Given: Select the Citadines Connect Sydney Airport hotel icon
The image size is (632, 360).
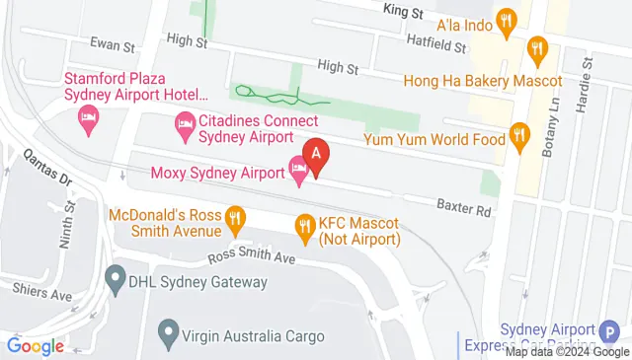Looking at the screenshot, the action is [x=184, y=124].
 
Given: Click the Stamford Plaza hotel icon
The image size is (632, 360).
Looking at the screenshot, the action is [x=87, y=120].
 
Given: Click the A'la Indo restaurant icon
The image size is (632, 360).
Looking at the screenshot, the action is [x=507, y=20].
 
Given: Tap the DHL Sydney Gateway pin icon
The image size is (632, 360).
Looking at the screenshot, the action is [x=117, y=281].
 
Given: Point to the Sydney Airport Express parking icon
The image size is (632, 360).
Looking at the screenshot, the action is [x=612, y=333].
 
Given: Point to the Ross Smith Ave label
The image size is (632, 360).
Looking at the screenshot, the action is [x=252, y=258].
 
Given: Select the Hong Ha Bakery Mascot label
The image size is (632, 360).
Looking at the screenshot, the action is [x=496, y=81].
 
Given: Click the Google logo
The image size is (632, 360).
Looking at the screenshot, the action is [x=36, y=346].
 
